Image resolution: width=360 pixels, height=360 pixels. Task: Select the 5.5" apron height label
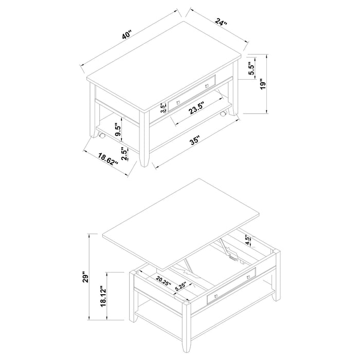251,70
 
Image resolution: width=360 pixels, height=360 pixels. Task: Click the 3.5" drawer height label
163,108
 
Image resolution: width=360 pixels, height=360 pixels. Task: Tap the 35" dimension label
194,140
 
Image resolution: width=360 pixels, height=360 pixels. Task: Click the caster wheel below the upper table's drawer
223,113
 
